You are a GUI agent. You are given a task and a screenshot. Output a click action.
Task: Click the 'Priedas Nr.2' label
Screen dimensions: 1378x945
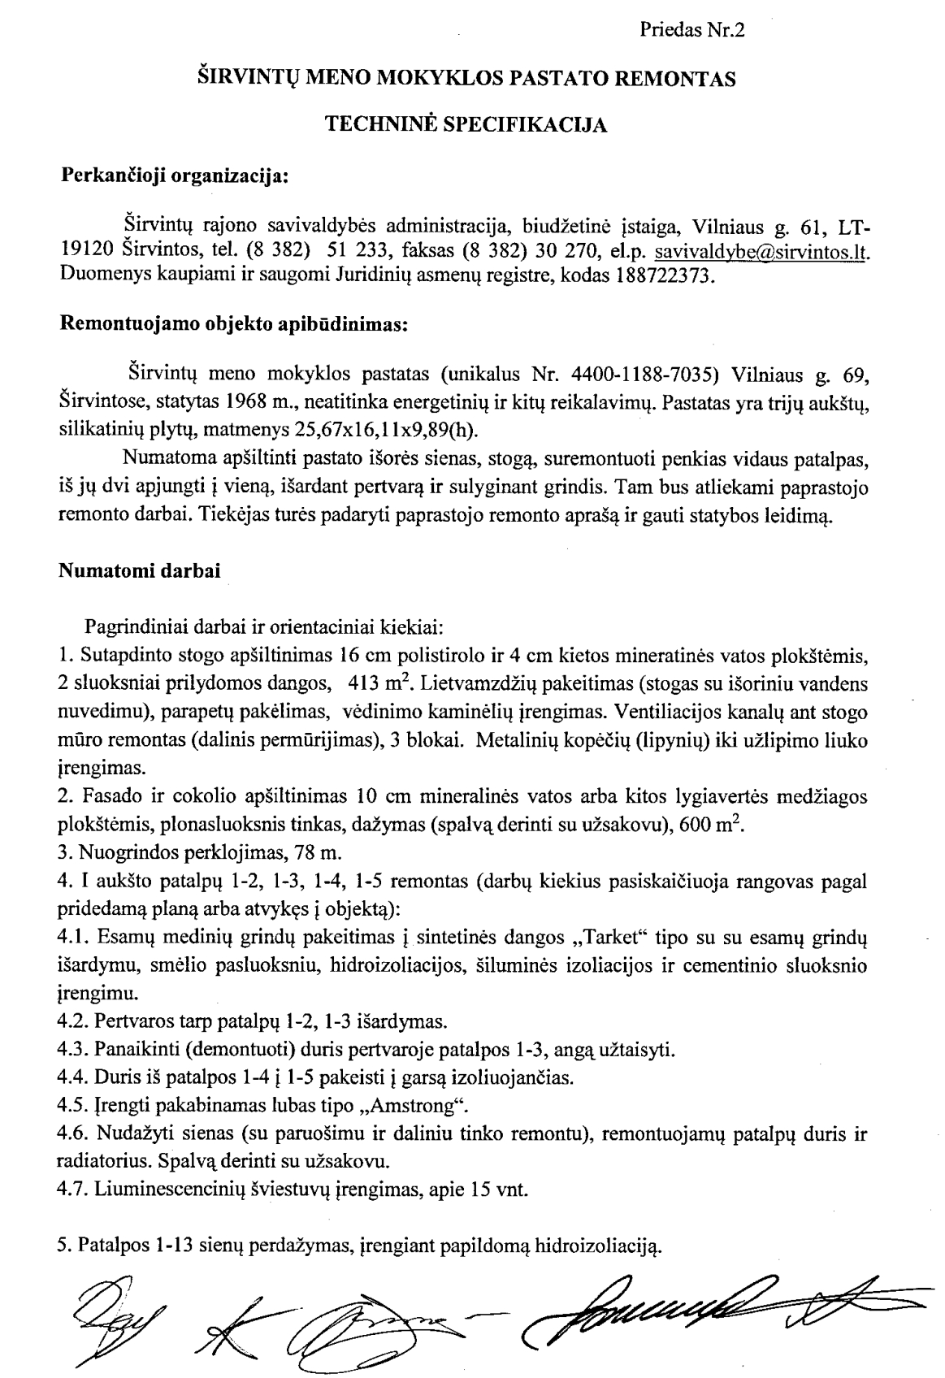(691, 31)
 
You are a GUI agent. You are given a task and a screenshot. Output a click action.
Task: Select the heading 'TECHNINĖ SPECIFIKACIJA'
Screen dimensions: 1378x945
(466, 125)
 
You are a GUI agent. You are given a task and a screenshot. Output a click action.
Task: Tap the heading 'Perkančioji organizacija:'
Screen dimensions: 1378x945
(176, 175)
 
